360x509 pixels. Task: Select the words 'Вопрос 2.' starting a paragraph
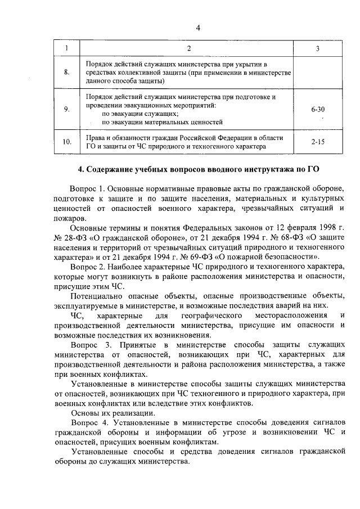point(87,265)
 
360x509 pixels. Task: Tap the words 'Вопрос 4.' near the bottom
point(88,422)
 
